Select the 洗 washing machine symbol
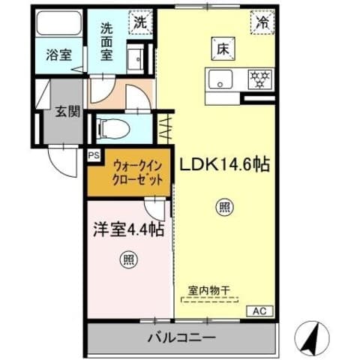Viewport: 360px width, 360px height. point(140,22)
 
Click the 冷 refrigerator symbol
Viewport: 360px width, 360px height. point(263,22)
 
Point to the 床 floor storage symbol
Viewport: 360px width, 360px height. point(223,47)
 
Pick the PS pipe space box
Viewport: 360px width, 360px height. point(93,155)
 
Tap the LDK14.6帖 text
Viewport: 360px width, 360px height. point(223,164)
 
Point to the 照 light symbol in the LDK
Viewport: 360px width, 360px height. point(223,206)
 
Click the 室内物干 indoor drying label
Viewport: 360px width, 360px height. point(210,289)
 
